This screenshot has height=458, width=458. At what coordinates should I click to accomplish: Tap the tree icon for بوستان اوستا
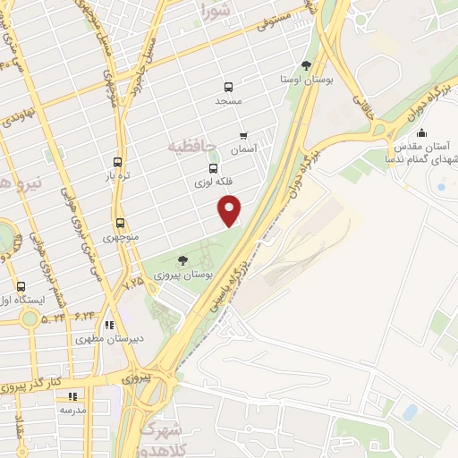click(307, 64)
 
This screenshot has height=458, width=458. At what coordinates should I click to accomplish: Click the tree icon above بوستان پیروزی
click(182, 260)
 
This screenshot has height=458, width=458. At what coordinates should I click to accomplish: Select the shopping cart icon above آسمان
click(242, 136)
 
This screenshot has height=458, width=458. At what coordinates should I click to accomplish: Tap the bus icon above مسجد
click(228, 88)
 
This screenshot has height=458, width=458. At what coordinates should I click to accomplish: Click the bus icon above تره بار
click(117, 163)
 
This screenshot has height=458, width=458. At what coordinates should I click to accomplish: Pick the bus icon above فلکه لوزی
click(213, 167)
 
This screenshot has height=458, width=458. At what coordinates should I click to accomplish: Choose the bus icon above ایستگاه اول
click(21, 286)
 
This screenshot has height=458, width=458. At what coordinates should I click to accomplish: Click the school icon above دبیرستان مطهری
click(109, 326)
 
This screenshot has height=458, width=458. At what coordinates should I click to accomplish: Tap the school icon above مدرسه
click(73, 394)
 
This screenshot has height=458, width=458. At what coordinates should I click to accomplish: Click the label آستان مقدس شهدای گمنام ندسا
click(423, 150)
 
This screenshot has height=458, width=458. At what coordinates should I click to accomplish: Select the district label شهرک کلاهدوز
click(172, 435)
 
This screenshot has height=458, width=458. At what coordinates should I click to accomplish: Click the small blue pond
click(410, 412)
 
